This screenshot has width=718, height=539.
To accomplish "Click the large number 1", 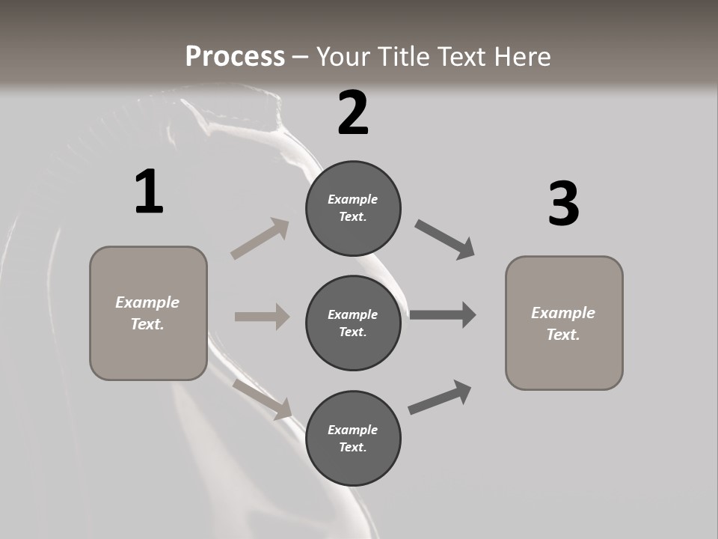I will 149,192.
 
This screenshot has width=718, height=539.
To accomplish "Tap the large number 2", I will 353,113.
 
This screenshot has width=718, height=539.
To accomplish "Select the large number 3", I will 564,204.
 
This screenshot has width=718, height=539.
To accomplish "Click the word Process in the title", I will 235,56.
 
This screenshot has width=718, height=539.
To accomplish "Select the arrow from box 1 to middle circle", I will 262,317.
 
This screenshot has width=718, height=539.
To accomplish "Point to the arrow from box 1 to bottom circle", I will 263,399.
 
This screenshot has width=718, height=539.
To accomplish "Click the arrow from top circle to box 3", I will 445,240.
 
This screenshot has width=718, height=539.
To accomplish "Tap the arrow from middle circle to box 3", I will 443,315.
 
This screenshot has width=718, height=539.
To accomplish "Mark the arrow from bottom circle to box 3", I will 440,397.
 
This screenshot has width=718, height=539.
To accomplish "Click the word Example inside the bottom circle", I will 353,430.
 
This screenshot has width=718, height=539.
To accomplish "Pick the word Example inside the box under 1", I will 147,302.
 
